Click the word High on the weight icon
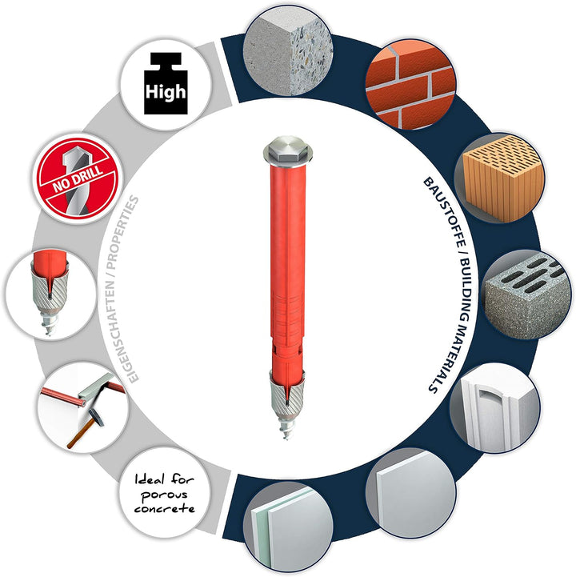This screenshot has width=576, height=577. tap(166, 91)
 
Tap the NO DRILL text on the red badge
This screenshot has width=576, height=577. tap(78, 178)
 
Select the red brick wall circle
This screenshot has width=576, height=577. tap(411, 84)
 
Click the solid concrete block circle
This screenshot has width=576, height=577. tap(288, 50)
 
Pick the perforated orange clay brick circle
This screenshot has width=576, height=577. tap(499, 178)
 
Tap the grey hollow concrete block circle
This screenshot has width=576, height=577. tap(526, 295)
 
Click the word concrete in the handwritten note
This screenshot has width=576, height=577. tap(164, 508)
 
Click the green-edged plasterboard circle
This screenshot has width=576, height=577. tap(288, 527)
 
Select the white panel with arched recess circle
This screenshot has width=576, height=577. tap(494, 408)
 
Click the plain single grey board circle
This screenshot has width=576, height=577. tap(411, 493)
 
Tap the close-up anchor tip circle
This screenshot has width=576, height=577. tap(50, 294)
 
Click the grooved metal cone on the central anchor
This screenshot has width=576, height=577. tap(287, 395)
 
